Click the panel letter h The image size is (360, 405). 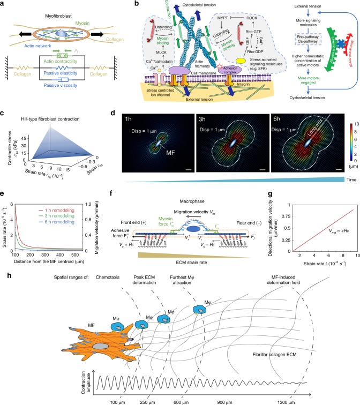pyautogui.click(x=4, y=272)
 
